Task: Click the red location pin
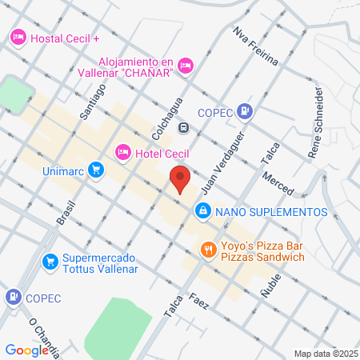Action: [x=180, y=179]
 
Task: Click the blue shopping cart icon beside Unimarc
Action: [x=96, y=169]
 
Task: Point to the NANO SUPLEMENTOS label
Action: [x=272, y=211]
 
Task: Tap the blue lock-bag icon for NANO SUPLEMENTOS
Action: [x=203, y=210]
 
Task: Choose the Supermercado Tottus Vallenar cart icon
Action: [x=50, y=262]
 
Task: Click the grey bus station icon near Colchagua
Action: [x=184, y=126]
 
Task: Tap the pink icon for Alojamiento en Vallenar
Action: [x=186, y=66]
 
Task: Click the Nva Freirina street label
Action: [x=254, y=46]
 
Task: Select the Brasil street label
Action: [x=66, y=210]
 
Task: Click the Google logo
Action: [x=26, y=350]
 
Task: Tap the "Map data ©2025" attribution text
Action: [x=325, y=354]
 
